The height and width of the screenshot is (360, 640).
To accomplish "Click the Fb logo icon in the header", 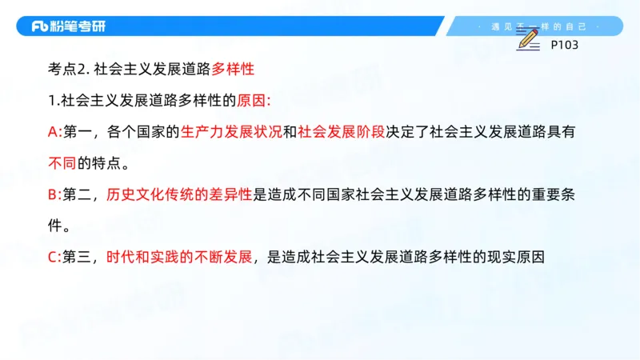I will tap(40, 26).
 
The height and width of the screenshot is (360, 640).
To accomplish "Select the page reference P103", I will tap(565, 45).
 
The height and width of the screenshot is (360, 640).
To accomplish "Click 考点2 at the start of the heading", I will tap(66, 70).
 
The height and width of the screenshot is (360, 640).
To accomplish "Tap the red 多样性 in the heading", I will tap(233, 70).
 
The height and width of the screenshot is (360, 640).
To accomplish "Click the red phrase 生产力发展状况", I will tap(232, 132).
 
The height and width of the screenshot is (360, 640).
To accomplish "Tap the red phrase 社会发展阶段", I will tap(341, 132).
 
